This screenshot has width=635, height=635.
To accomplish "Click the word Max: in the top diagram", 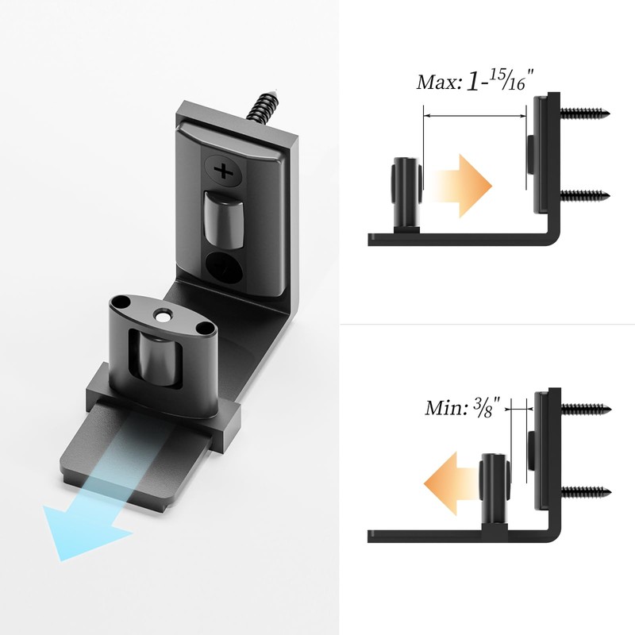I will [x=438, y=83].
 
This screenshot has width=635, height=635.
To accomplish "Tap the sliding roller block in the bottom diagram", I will [x=493, y=484].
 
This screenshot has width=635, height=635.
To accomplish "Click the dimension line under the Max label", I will [x=475, y=114].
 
